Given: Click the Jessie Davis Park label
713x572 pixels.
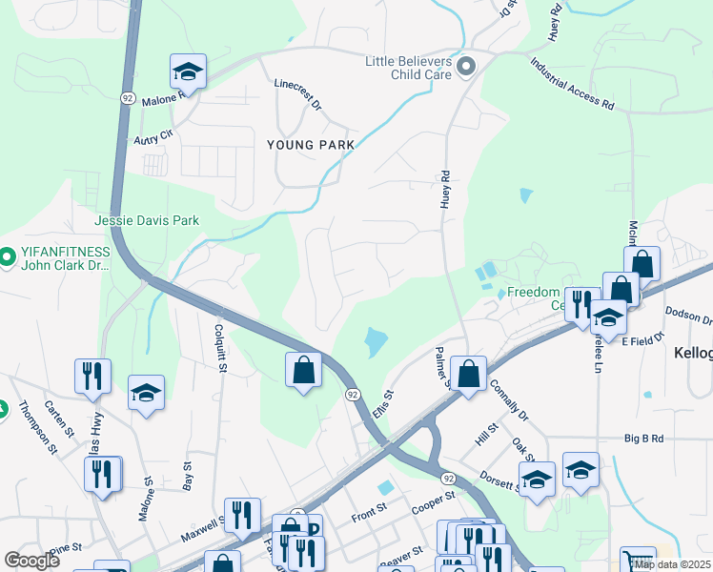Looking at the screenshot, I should coord(147,220).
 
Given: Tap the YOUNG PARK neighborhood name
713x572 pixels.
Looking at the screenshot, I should coord(310,145).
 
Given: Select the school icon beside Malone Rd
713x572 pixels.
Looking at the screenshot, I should coord(188,72).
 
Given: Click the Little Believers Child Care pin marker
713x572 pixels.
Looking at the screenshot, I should coord(467,66).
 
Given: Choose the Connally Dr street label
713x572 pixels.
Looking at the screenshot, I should coord(508,400).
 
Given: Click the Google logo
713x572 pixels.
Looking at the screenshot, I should coord(32,561).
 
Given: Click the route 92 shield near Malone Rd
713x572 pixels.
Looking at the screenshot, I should coord(127,97).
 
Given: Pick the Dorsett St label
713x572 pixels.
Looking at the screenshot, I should coord(498,479).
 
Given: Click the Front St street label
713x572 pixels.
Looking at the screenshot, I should coord(366,517).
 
